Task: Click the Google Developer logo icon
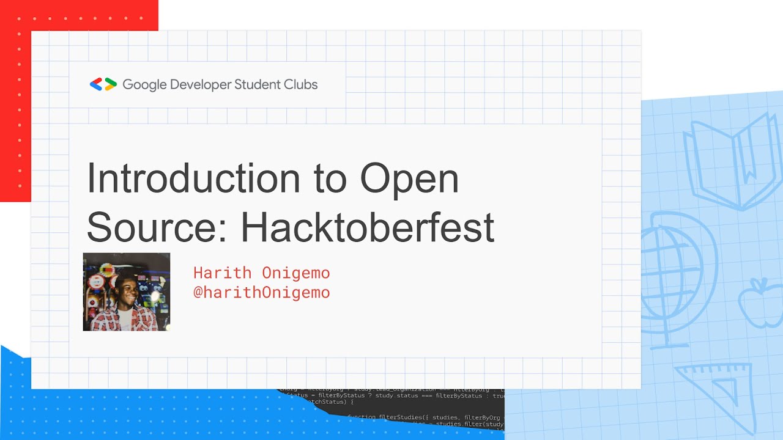click(x=103, y=84)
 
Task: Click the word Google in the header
click(x=145, y=85)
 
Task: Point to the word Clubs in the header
click(x=301, y=84)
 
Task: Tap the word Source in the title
click(x=155, y=227)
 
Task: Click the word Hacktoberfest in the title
click(x=368, y=227)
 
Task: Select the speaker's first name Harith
click(x=223, y=273)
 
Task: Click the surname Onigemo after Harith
click(x=295, y=273)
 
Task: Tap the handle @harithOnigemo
click(x=261, y=292)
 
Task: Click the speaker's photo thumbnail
click(x=127, y=291)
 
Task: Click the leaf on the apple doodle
click(x=760, y=282)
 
